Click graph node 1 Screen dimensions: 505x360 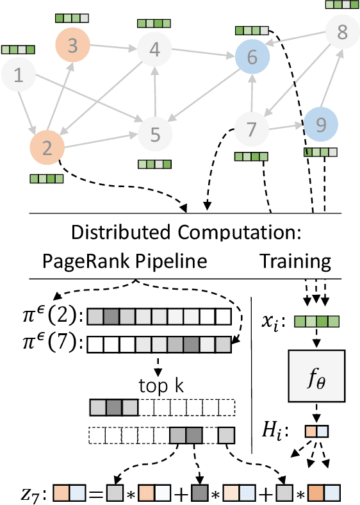pyautogui.click(x=19, y=76)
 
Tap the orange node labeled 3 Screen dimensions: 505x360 pyautogui.click(x=72, y=46)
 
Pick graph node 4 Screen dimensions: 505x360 pyautogui.click(x=154, y=49)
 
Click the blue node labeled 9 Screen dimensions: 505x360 pyautogui.click(x=320, y=124)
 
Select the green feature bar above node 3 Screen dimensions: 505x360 pyautogui.click(x=69, y=18)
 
